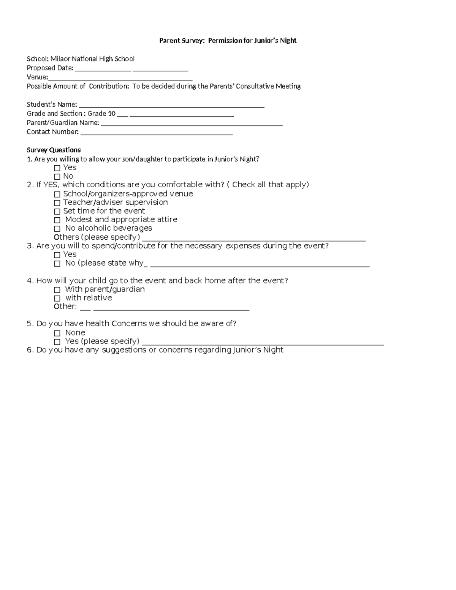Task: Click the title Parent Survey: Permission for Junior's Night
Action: point(228,41)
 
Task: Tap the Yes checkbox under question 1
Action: point(57,168)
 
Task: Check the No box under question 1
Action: point(57,177)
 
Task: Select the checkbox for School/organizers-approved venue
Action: point(57,194)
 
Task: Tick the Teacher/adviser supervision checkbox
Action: point(57,203)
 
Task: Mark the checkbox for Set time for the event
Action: point(57,212)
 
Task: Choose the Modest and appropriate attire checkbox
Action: point(57,220)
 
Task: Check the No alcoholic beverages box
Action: point(57,229)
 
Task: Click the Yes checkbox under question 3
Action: point(57,255)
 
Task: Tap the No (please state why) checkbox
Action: point(57,264)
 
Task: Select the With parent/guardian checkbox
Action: point(57,290)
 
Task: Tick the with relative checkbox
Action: point(57,299)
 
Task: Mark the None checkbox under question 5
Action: point(57,333)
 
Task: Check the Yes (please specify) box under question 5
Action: point(57,342)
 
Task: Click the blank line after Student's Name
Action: point(171,107)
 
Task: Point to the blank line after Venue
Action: point(120,79)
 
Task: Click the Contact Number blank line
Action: point(157,134)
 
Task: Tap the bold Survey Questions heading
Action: point(54,150)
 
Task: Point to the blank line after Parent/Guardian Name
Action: point(192,125)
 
